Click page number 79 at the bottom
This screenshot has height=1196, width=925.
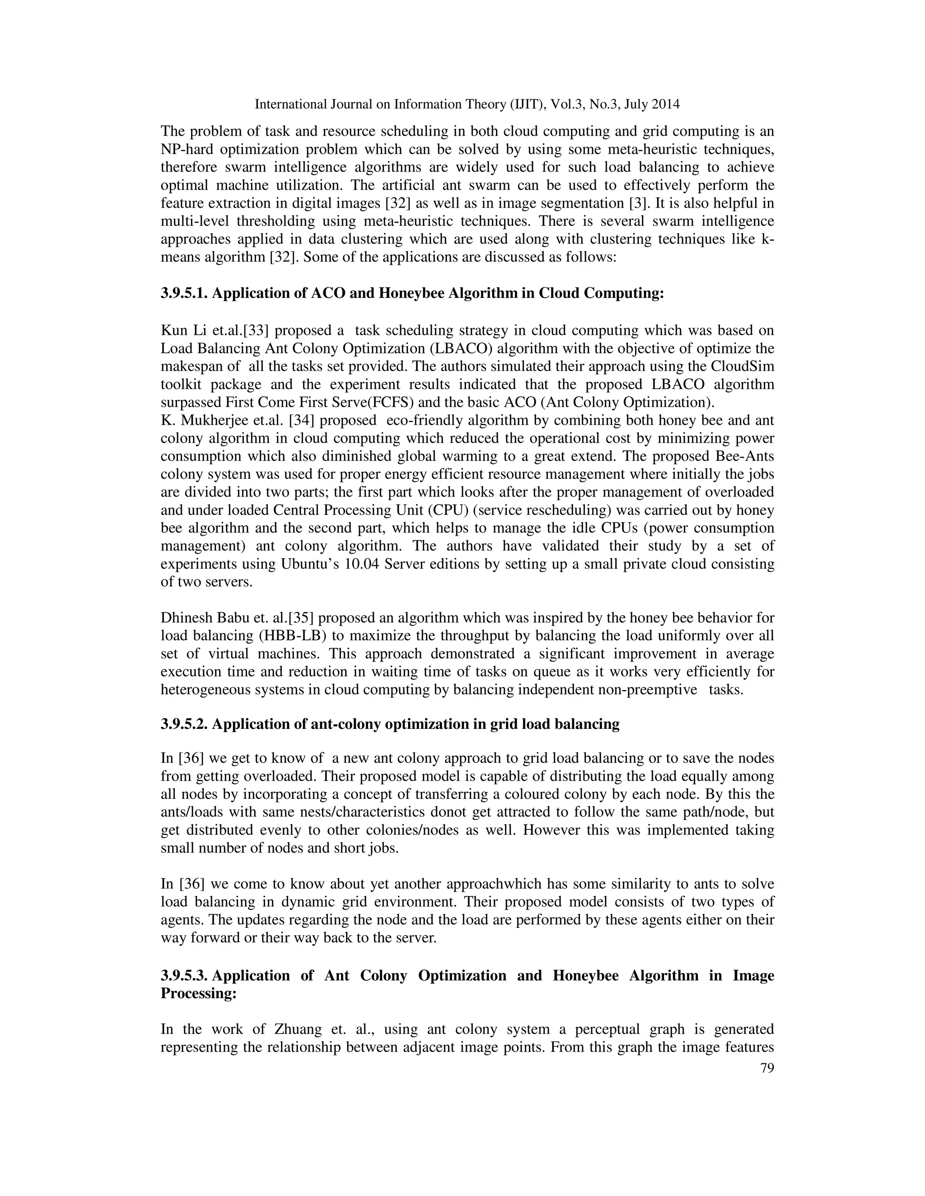(767, 1068)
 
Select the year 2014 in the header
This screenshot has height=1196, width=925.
(665, 104)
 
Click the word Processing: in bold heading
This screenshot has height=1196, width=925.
(198, 993)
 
